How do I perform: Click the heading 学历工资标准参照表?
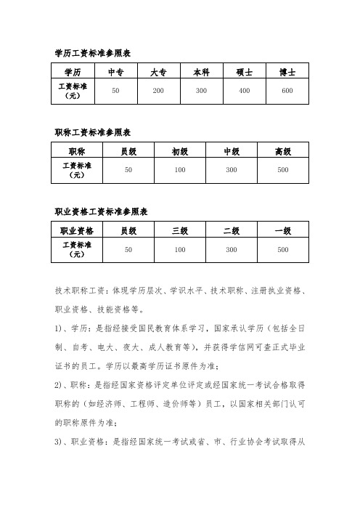point(92,52)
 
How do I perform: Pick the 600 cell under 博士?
point(287,91)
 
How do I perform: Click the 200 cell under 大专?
point(158,91)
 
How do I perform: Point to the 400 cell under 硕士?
point(244,91)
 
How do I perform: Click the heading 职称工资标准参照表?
point(92,132)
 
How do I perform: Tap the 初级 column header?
point(180,152)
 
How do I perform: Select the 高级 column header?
point(283,152)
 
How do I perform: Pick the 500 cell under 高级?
point(283,170)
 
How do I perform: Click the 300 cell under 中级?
point(232,170)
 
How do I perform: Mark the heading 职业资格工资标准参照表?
point(102,211)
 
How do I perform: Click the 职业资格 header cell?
point(77,231)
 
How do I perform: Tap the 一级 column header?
point(283,231)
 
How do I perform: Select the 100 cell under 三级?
point(180,250)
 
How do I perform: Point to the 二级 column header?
point(232,231)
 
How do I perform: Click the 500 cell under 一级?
point(283,250)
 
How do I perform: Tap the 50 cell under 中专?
point(115,91)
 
